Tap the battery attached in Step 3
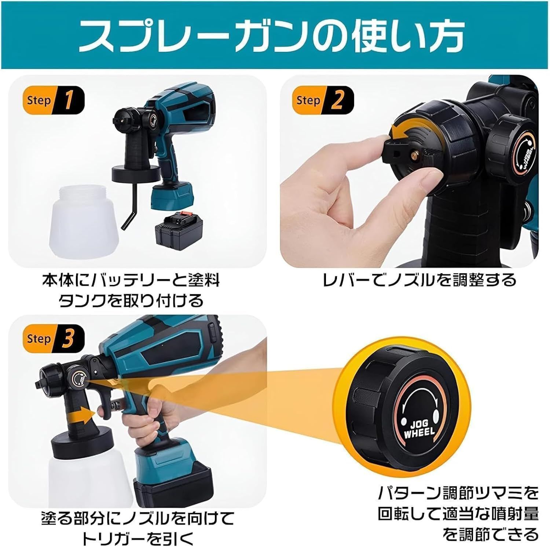pyautogui.click(x=172, y=479)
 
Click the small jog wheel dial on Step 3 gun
pyautogui.click(x=78, y=379)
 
